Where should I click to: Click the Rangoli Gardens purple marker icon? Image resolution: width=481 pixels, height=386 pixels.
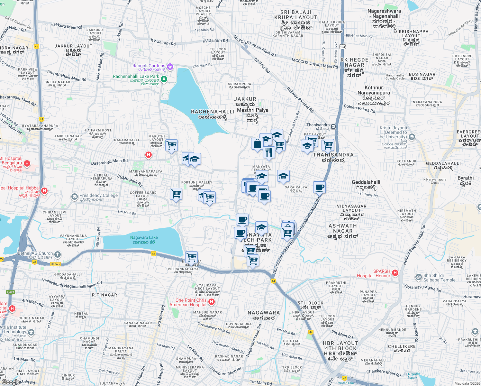[x=170, y=67]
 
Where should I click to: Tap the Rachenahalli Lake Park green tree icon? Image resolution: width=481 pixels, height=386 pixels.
[x=164, y=79]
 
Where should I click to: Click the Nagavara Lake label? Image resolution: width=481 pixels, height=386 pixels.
[x=144, y=240]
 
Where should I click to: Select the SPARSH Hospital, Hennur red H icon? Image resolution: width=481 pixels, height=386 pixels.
[x=395, y=273]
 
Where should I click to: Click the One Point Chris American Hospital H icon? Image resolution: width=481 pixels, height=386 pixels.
[x=211, y=302]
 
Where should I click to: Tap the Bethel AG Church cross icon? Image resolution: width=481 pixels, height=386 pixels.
[x=58, y=255]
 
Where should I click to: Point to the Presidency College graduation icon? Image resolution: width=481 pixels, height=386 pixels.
[x=75, y=197]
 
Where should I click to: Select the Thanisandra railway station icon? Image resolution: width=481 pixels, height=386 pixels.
[x=333, y=126]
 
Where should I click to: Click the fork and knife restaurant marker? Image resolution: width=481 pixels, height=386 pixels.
[x=269, y=152]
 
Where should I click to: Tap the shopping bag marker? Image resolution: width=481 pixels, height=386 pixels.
[x=258, y=144]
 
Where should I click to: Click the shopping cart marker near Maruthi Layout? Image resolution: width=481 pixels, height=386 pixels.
[x=172, y=145]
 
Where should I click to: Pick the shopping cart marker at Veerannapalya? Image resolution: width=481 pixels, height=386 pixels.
[x=191, y=257]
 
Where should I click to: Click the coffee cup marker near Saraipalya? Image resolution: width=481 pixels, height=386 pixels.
[x=319, y=187]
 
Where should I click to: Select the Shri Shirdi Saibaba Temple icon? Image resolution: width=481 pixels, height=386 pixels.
[x=419, y=277]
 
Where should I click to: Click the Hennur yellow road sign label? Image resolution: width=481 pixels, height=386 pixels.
[x=55, y=264]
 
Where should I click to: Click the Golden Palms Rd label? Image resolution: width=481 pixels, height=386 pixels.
[x=359, y=108]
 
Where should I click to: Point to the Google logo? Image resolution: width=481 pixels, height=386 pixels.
[x=11, y=382]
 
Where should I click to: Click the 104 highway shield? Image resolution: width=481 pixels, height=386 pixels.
[x=342, y=47]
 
